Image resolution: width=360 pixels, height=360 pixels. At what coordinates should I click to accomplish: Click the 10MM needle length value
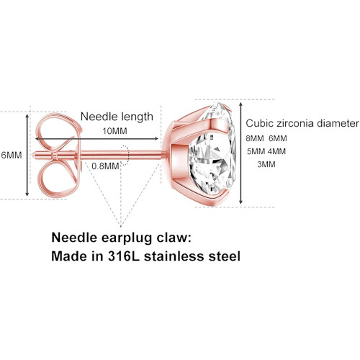click(114, 131)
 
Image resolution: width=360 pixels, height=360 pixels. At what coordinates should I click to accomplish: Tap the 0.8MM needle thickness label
click(105, 166)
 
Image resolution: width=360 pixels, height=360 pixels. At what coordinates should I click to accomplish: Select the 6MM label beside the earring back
click(12, 155)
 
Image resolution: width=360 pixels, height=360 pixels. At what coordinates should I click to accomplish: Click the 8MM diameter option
click(255, 138)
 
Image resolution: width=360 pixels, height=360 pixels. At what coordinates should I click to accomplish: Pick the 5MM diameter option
click(256, 151)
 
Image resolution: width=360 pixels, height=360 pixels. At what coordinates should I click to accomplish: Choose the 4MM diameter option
click(276, 151)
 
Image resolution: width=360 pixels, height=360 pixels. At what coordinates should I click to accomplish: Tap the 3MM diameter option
click(266, 164)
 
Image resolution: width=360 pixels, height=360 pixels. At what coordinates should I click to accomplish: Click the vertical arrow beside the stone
click(241, 153)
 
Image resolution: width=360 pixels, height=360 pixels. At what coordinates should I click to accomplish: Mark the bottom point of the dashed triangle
click(121, 226)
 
